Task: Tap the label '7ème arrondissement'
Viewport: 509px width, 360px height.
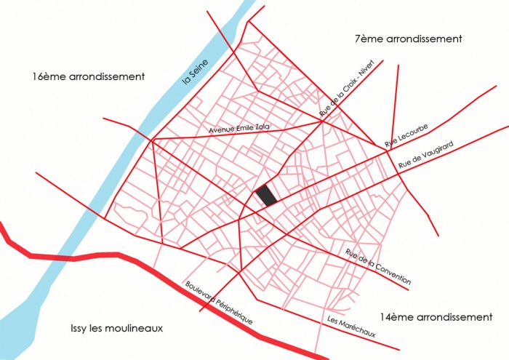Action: point(409,39)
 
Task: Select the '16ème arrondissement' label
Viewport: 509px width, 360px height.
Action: point(89,76)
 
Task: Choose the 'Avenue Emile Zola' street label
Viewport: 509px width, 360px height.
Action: point(239,128)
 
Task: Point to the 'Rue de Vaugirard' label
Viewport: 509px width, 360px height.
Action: point(426,157)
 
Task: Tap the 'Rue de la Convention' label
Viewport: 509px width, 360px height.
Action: point(378,267)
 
